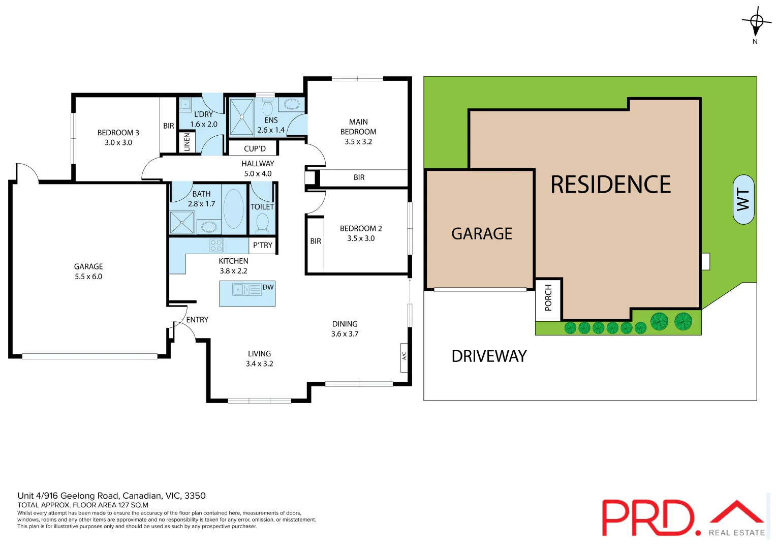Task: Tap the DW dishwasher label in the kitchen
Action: pos(268,287)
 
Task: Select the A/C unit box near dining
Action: pos(405,356)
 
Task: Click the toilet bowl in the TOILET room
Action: pos(262,223)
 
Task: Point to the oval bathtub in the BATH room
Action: pos(233,208)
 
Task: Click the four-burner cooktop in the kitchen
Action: pos(216,246)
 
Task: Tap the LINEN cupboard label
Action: pos(187,142)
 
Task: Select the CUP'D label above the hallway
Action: pos(255,148)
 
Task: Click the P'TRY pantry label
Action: pos(263,245)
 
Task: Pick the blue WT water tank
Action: pos(743,199)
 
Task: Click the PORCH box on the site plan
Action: pos(548,298)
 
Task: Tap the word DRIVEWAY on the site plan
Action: pos(489,356)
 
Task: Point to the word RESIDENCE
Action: pos(610,185)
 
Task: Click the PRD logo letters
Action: pos(648,517)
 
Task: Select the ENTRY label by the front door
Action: pos(197,320)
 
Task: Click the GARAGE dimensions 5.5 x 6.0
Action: pos(88,277)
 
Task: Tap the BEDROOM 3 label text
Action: pos(118,133)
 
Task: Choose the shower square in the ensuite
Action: pos(242,117)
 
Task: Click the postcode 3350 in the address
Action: pos(195,496)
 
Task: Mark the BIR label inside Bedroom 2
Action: pos(316,241)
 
